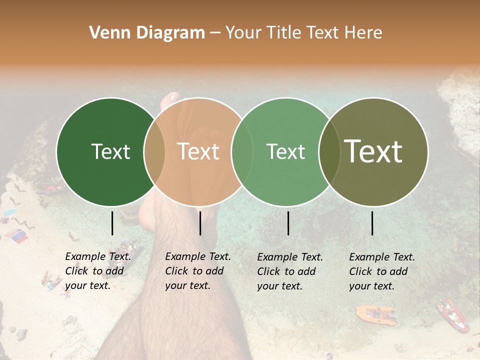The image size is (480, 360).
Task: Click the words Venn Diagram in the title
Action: (147, 33)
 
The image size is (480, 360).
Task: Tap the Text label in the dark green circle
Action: (110, 151)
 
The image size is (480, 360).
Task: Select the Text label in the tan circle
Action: (198, 151)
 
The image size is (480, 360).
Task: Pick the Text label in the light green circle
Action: (285, 151)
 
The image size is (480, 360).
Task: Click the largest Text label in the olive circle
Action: (373, 151)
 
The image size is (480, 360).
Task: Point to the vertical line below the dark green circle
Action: (112, 223)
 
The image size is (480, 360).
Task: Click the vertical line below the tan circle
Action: (200, 223)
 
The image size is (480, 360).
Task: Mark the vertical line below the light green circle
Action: (288, 223)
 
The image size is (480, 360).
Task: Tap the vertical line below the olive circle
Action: (372, 223)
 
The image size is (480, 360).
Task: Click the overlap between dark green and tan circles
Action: (154, 151)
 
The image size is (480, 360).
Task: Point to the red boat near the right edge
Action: (453, 315)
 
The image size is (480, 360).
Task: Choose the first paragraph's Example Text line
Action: (98, 256)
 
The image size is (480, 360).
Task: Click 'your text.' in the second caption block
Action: (187, 285)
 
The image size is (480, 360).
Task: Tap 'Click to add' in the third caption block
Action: (286, 271)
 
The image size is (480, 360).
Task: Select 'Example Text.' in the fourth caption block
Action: (382, 257)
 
